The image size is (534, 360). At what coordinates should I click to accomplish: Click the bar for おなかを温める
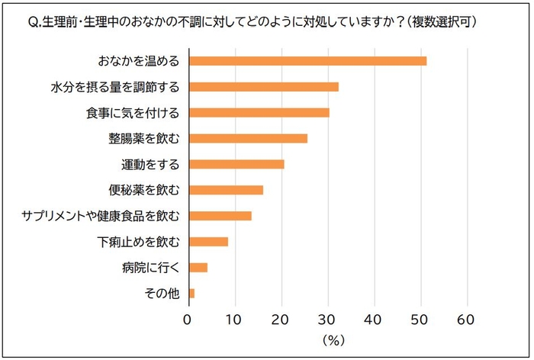coord(307,61)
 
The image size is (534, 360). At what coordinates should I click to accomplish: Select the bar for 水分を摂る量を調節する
coord(263,87)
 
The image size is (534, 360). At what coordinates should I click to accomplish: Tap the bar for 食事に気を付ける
coord(259,113)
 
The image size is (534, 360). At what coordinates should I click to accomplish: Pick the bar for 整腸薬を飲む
coord(248,139)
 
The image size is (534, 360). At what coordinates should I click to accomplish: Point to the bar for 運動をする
coord(236,164)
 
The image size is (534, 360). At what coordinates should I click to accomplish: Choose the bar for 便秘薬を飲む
coord(226,190)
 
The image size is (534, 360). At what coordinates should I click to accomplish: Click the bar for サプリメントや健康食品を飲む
coord(220,216)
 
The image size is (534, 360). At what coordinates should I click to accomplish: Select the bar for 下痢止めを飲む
coord(208,242)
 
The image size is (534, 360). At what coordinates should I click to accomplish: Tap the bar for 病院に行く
coord(198,268)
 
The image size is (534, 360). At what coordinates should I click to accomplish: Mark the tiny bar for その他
coord(191,294)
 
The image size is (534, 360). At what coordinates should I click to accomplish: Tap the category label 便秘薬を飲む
coord(143,190)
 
